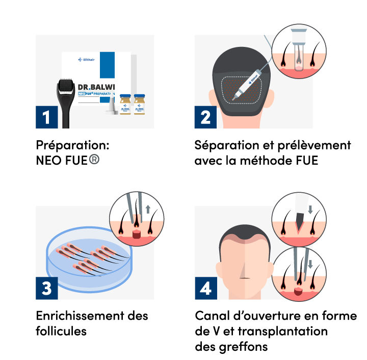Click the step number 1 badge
(46, 118)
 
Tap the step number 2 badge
(205, 118)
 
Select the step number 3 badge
(46, 289)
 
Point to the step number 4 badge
(205, 289)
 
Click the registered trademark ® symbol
(94, 159)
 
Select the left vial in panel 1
(125, 104)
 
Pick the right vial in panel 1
(139, 104)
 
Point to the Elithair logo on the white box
(88, 60)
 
